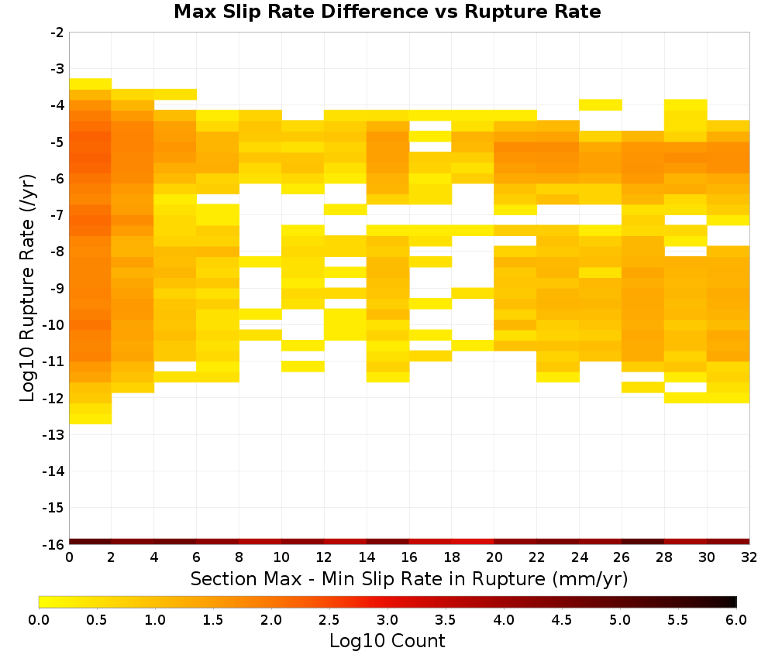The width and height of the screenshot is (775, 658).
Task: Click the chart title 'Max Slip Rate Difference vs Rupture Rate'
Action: [387, 12]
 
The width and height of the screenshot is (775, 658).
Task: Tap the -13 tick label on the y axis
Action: [53, 435]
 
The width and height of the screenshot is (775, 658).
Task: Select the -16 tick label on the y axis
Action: [53, 544]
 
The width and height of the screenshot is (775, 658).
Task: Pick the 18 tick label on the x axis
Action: [452, 558]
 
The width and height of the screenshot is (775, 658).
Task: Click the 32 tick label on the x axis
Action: [749, 558]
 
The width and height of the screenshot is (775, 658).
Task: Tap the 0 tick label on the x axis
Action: [69, 558]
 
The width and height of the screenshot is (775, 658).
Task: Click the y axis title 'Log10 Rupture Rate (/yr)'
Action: [28, 288]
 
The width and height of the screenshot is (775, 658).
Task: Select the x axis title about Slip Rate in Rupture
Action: [409, 578]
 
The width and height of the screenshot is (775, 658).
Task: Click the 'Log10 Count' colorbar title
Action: [387, 641]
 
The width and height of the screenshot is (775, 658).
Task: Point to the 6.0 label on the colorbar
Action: [736, 620]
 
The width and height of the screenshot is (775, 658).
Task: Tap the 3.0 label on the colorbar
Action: [387, 620]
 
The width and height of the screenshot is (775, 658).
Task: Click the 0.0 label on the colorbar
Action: [39, 620]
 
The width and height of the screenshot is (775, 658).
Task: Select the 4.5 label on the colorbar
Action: [562, 620]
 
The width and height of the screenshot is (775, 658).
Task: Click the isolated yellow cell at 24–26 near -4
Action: [601, 105]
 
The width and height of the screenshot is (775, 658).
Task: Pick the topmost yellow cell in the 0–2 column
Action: [91, 84]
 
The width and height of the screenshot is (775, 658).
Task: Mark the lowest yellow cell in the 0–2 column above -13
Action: [91, 419]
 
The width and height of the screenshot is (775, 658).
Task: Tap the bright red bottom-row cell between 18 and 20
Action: [473, 542]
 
